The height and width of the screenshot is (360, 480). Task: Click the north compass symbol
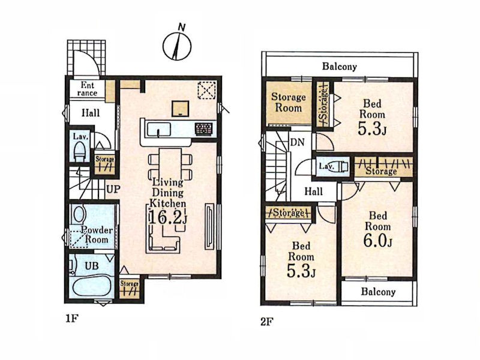coord(177,46)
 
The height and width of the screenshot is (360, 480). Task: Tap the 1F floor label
coord(72,319)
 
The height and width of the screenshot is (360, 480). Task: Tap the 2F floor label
coord(267,322)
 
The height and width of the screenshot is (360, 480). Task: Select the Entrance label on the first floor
coord(87,89)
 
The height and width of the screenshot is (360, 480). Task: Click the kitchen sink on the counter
coord(159,130)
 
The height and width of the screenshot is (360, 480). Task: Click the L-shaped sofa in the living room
coord(163,239)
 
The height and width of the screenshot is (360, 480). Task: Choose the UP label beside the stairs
coord(113,189)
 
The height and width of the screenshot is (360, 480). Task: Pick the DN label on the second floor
coord(297,142)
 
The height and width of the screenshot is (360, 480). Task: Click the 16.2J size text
coord(168,218)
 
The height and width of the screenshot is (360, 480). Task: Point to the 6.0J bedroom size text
coord(378,241)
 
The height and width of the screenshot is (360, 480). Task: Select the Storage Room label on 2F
coord(289,102)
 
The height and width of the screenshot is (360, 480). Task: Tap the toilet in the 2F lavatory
coord(340,167)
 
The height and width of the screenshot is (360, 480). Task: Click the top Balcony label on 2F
coord(340,67)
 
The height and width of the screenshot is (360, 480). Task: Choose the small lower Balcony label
coord(378,292)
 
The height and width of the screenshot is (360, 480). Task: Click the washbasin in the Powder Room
coord(79,214)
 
